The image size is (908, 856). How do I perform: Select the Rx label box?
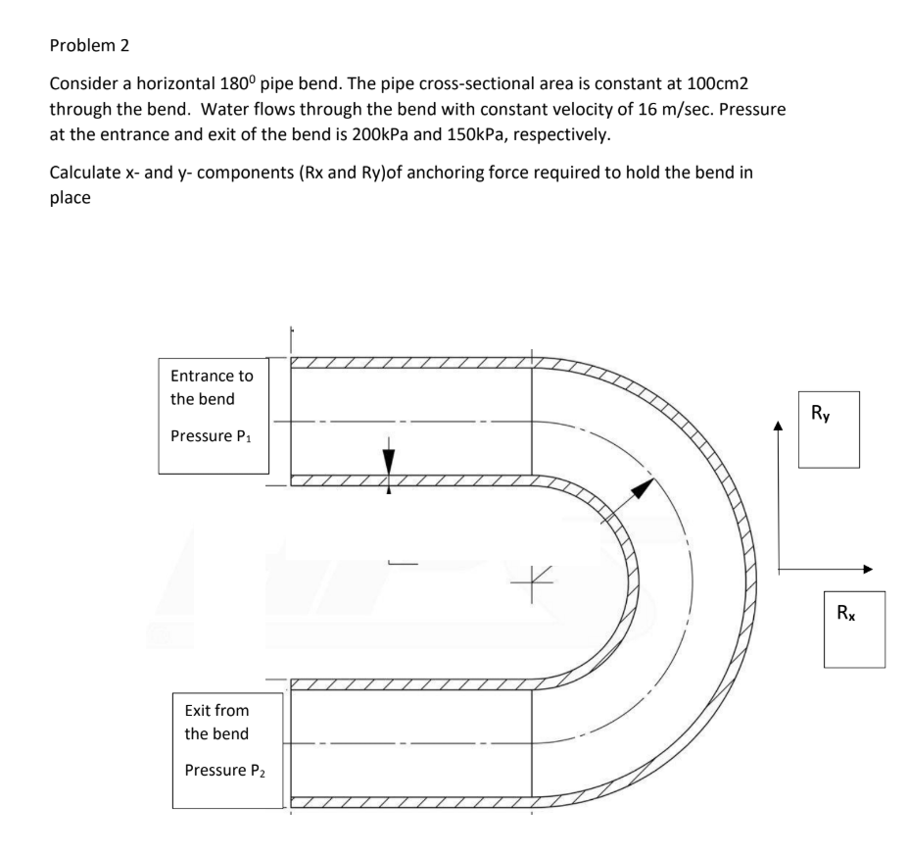[850, 627]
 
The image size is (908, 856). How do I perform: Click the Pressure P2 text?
[224, 766]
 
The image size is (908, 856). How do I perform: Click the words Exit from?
[215, 710]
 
